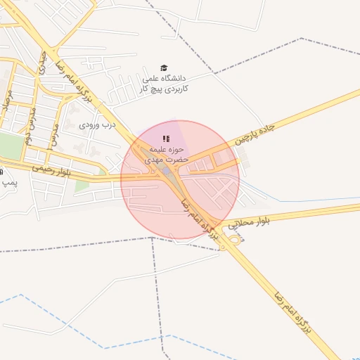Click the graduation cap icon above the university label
pyautogui.click(x=164, y=67)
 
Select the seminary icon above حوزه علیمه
pyautogui.click(x=165, y=139)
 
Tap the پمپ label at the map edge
pyautogui.click(x=8, y=182)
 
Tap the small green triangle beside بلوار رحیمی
pyautogui.click(x=82, y=186)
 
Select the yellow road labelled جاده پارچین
pyautogui.click(x=295, y=112)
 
